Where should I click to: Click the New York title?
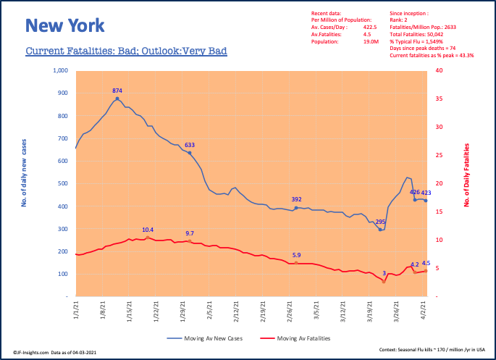coord(64,26)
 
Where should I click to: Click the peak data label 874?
coord(117,91)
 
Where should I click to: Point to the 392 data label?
coord(296,199)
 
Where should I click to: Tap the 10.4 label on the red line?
coord(147,230)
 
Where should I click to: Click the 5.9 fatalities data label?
coord(296,255)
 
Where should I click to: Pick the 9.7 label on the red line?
coord(190,233)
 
